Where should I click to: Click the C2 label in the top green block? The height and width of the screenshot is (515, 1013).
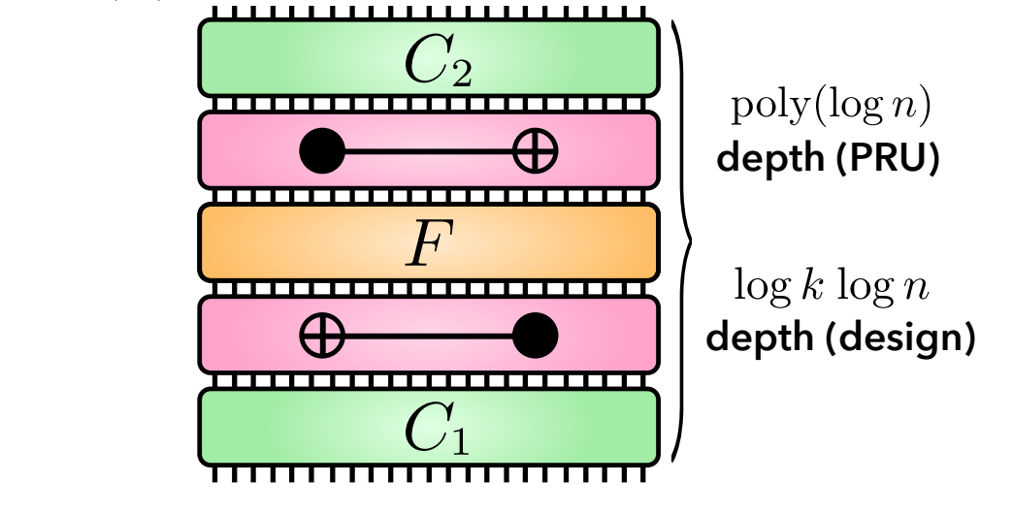click(x=437, y=63)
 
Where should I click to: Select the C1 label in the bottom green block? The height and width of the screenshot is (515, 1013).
click(x=437, y=434)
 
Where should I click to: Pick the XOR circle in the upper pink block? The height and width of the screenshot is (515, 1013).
click(x=535, y=151)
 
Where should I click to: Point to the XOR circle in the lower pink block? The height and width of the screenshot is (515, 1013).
click(x=322, y=337)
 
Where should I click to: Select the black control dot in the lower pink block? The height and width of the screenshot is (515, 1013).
click(x=535, y=337)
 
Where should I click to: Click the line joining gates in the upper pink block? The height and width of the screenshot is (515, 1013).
click(x=428, y=151)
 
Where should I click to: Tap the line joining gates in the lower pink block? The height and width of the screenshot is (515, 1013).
click(x=428, y=337)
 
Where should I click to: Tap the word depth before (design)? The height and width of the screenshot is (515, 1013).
click(x=752, y=339)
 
